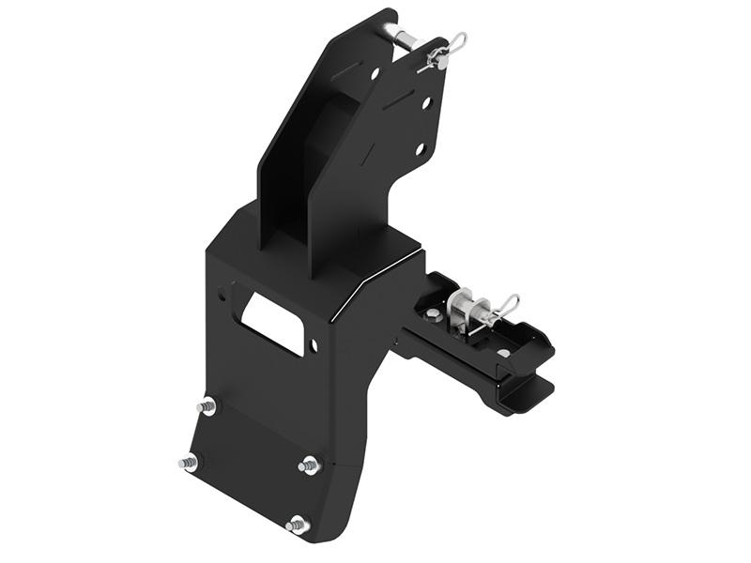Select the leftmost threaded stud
(x=189, y=463)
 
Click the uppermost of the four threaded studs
(x=207, y=406)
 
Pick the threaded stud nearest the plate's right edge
(x=310, y=465)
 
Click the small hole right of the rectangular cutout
(x=314, y=346)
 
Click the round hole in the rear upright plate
(x=375, y=72)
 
